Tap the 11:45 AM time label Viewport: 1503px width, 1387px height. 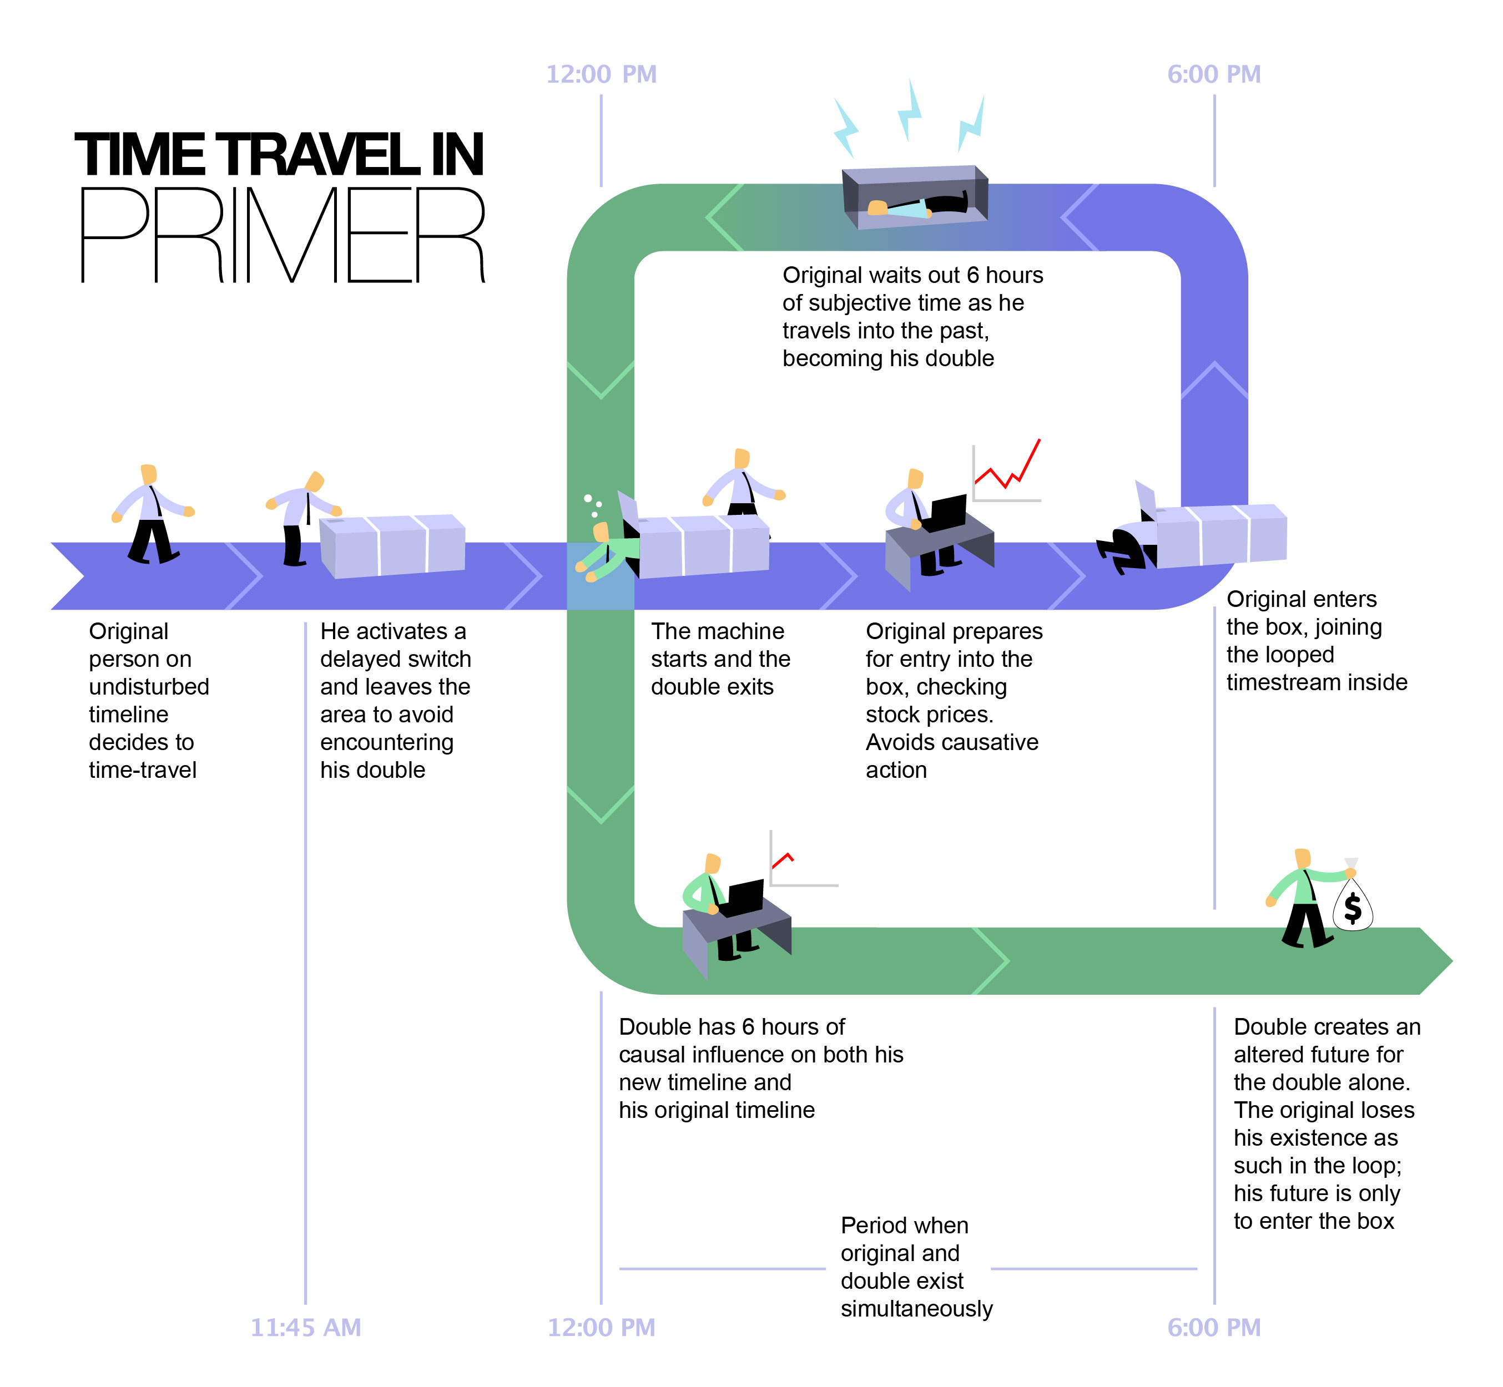click(306, 1328)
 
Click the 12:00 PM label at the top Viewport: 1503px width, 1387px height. click(601, 74)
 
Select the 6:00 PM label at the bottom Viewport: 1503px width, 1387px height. click(1213, 1328)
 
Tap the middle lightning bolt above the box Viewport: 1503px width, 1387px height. click(909, 111)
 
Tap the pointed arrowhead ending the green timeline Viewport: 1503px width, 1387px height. click(1435, 961)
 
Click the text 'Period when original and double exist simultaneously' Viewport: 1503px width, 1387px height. click(916, 1268)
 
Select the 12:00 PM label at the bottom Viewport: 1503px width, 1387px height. click(601, 1328)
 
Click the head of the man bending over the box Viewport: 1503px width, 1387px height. click(315, 481)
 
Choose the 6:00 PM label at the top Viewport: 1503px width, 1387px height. click(1213, 74)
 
